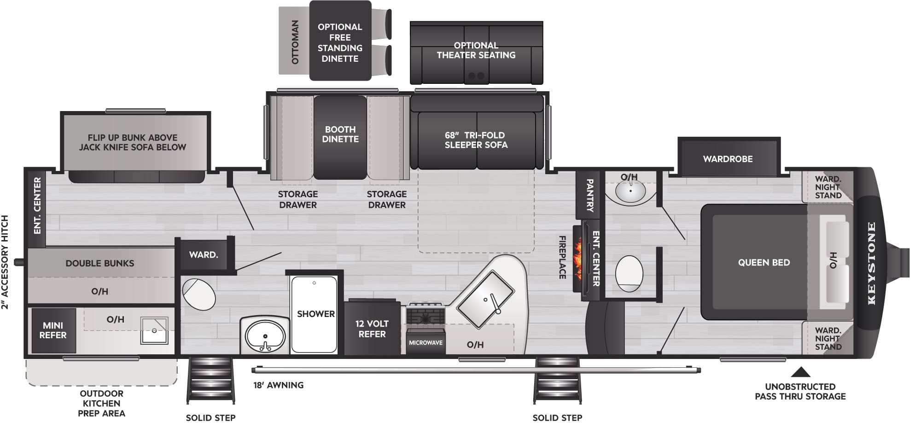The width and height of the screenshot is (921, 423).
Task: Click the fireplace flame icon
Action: tap(577, 259)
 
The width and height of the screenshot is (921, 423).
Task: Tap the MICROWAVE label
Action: tap(426, 343)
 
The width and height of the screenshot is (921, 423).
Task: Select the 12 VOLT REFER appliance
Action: tap(372, 329)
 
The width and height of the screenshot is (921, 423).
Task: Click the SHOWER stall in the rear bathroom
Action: tap(315, 314)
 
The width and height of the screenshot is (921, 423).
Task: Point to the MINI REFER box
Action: tap(52, 330)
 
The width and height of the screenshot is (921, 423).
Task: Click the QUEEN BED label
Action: tap(764, 263)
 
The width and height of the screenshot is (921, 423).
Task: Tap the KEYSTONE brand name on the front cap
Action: tap(871, 263)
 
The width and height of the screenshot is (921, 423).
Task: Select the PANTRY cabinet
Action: tap(589, 195)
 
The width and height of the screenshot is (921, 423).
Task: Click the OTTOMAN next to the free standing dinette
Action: tap(294, 42)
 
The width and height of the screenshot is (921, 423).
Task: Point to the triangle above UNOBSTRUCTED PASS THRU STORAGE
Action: tap(800, 372)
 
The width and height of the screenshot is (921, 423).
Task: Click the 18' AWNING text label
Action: tap(278, 385)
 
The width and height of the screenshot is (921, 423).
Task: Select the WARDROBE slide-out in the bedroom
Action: tap(728, 159)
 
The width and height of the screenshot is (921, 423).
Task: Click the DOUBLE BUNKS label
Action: tap(100, 263)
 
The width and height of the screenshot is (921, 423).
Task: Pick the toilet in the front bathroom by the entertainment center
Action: tap(629, 273)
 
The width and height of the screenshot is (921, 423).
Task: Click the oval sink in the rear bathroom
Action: tap(265, 335)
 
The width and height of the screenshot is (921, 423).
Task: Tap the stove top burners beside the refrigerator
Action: tap(425, 315)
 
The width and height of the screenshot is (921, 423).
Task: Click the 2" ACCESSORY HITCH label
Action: tap(5, 262)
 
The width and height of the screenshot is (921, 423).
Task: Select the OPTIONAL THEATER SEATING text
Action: tap(476, 50)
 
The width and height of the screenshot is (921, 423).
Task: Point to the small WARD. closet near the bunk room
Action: tap(203, 254)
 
